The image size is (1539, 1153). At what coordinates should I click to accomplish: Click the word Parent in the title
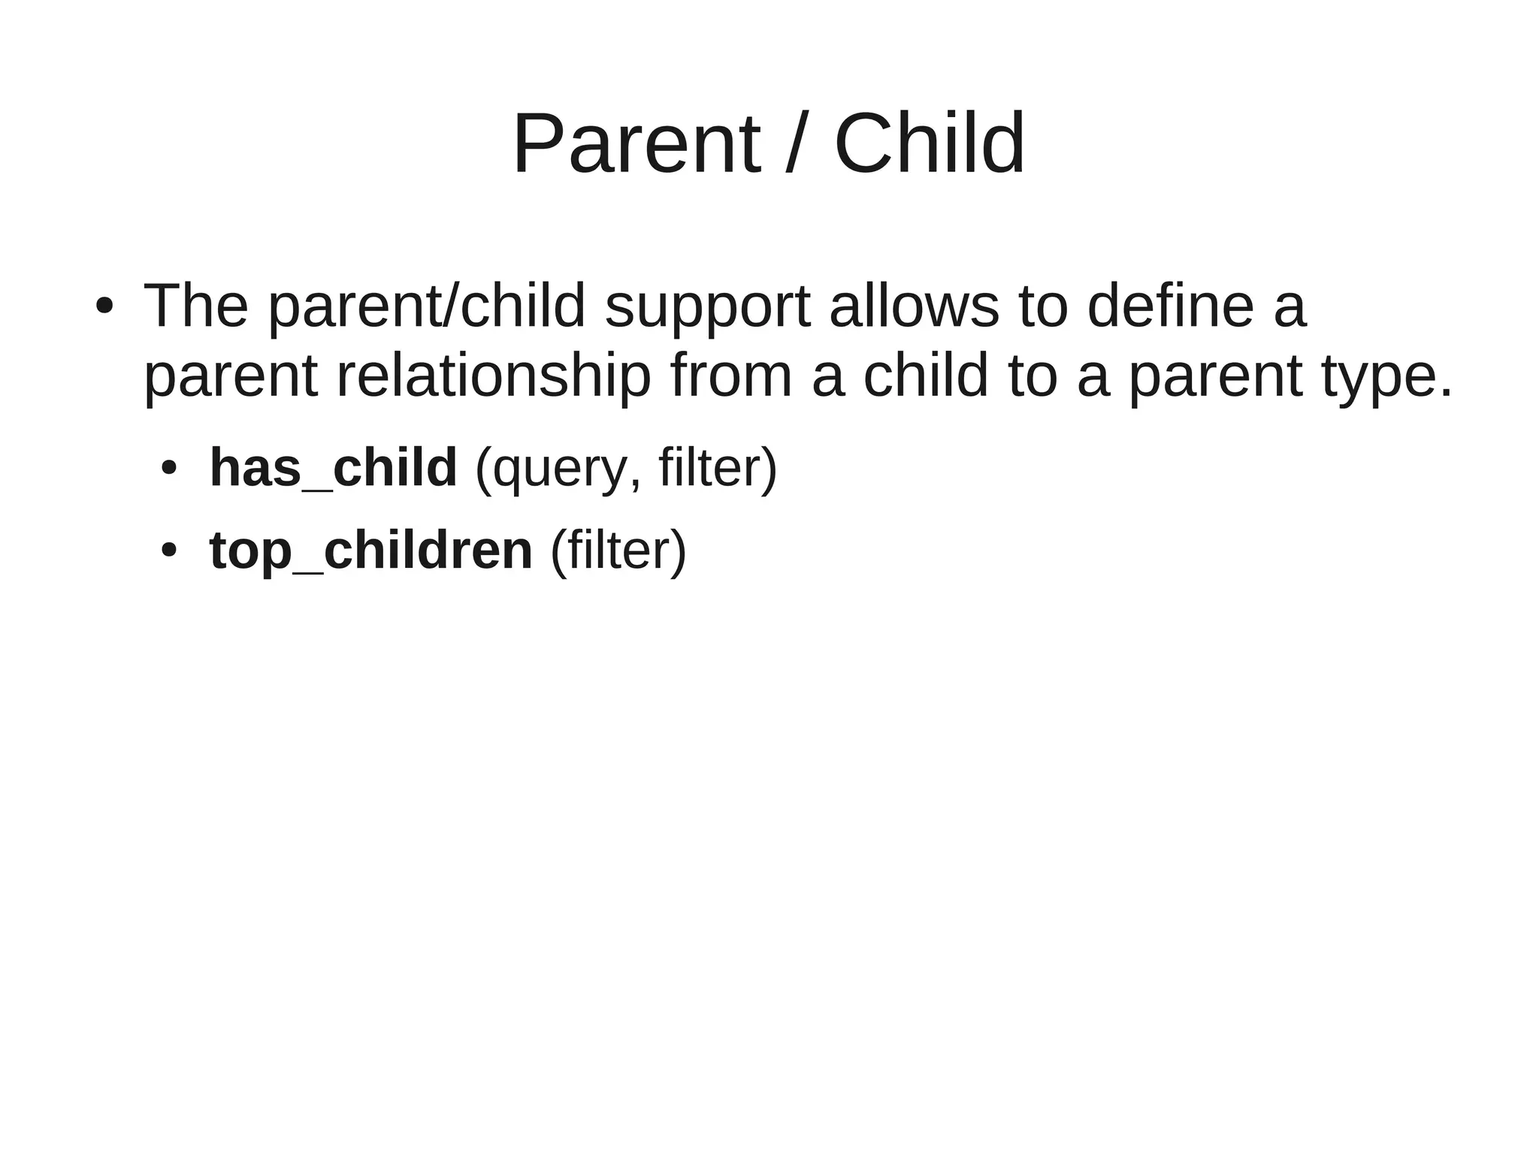pyautogui.click(x=636, y=144)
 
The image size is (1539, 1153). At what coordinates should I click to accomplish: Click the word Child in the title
pyautogui.click(x=929, y=144)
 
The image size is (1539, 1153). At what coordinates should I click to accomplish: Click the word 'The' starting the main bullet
pyautogui.click(x=195, y=306)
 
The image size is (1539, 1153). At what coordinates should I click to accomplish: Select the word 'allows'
pyautogui.click(x=914, y=306)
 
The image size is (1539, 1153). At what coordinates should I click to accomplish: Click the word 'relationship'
pyautogui.click(x=493, y=376)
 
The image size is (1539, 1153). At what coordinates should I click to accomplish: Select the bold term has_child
pyautogui.click(x=333, y=468)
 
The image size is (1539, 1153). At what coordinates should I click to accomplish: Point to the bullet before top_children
pyautogui.click(x=169, y=551)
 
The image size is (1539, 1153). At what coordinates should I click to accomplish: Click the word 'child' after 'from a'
pyautogui.click(x=925, y=375)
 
